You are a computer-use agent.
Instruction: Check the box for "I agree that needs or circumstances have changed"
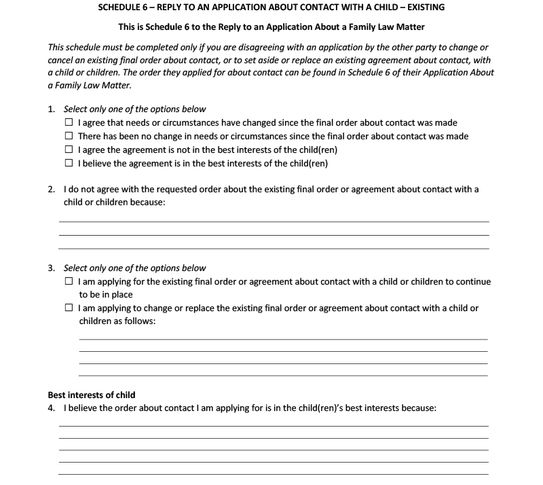pyautogui.click(x=69, y=123)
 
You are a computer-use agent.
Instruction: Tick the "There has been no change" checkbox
pyautogui.click(x=69, y=137)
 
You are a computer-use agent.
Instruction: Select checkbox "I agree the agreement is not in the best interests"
pyautogui.click(x=69, y=150)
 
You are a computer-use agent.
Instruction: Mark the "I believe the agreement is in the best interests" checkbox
pyautogui.click(x=69, y=164)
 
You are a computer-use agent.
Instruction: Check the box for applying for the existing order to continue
pyautogui.click(x=69, y=281)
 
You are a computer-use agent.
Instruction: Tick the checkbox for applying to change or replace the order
pyautogui.click(x=69, y=308)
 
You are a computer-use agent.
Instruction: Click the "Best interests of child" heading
pyautogui.click(x=92, y=395)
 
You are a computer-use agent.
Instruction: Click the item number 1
pyautogui.click(x=52, y=109)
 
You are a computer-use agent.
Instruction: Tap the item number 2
pyautogui.click(x=52, y=190)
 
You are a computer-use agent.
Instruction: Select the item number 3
pyautogui.click(x=52, y=268)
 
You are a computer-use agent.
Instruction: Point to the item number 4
pyautogui.click(x=52, y=409)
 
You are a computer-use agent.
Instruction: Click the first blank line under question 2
pyautogui.click(x=274, y=221)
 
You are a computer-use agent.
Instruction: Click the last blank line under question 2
pyautogui.click(x=274, y=248)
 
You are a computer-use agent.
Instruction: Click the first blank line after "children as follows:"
pyautogui.click(x=283, y=338)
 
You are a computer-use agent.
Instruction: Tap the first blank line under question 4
pyautogui.click(x=274, y=425)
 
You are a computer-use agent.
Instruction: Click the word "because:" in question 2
pyautogui.click(x=147, y=203)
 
